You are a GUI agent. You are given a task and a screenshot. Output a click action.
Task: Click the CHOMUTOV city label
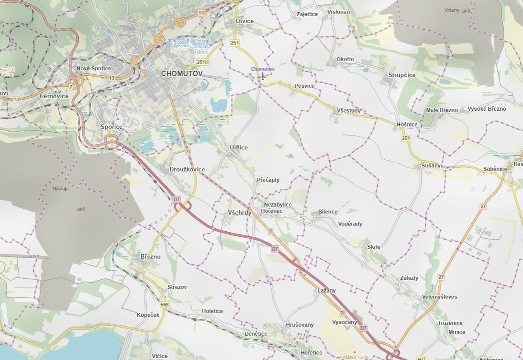[x=182, y=73]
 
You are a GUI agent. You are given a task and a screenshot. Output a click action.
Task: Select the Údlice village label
[x=239, y=147]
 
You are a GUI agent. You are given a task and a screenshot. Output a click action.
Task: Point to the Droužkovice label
[x=187, y=169]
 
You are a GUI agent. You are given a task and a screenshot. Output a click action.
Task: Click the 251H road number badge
[x=203, y=62]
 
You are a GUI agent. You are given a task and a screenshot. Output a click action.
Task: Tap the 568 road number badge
[x=164, y=305]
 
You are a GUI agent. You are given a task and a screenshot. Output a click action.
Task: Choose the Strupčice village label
[x=401, y=75]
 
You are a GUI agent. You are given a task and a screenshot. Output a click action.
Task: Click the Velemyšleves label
[x=439, y=297]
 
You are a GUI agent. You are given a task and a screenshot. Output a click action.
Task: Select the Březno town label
[x=150, y=256]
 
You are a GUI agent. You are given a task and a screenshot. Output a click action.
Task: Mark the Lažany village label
[x=326, y=291]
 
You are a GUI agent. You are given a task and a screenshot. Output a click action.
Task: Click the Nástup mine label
[x=60, y=188]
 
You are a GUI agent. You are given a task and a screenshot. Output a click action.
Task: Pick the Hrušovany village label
[x=300, y=324]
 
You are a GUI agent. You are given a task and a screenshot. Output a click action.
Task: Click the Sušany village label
[x=431, y=166]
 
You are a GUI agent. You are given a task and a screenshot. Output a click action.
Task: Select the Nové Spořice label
[x=94, y=68]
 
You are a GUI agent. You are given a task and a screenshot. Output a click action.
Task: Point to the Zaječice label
[x=307, y=14]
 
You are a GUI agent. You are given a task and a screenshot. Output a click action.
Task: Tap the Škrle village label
[x=374, y=247]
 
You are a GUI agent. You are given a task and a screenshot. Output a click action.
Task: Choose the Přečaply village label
[x=268, y=180]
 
